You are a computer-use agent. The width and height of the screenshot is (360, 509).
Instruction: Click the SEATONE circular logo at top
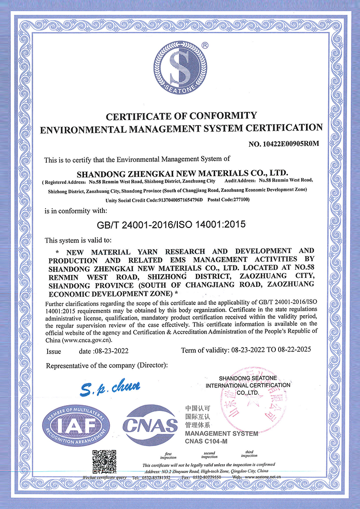click(x=180, y=67)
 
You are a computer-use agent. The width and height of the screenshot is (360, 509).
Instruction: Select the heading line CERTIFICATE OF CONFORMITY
click(x=181, y=116)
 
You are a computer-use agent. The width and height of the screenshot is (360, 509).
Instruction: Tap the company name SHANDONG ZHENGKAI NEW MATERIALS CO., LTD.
click(x=182, y=173)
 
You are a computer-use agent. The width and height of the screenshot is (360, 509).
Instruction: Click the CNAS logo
click(x=150, y=424)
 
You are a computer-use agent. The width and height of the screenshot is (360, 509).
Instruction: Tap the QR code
click(x=104, y=461)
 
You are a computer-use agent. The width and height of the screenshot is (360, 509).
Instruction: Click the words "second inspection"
click(x=209, y=455)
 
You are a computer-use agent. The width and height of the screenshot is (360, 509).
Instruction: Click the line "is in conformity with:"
click(x=76, y=210)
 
